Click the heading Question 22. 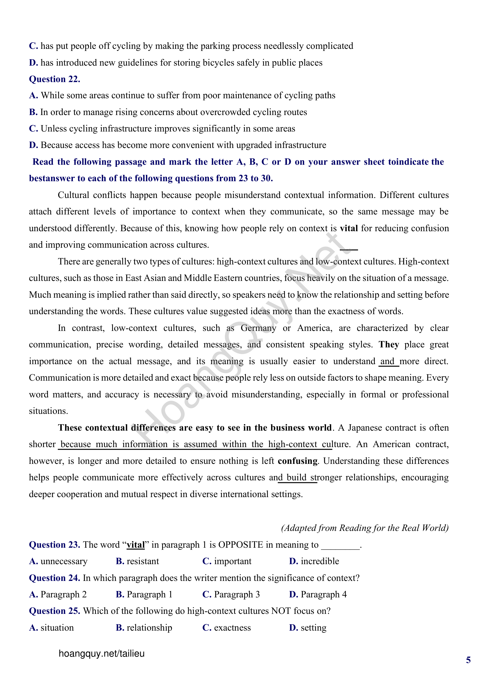coord(54,79)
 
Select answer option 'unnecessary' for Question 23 coord(64,561)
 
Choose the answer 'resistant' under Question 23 coord(142,561)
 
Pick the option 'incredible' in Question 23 coord(320,561)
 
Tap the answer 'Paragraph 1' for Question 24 coord(149,594)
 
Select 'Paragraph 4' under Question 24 coord(323,594)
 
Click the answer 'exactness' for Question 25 coord(232,628)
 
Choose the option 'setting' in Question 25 coord(314,628)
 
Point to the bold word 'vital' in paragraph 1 coord(349,229)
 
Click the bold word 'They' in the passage coord(388,345)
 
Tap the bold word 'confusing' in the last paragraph coord(298,461)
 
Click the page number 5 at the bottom coord(468,660)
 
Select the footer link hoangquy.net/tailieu coord(101,654)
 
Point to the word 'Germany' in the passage coord(258,328)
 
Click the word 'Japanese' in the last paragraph coord(365,427)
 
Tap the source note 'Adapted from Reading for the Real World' coord(365,528)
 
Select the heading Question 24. coord(54,578)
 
